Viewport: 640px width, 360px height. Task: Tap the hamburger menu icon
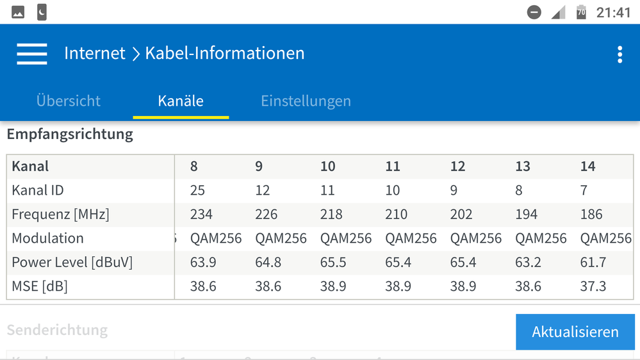[x=32, y=54]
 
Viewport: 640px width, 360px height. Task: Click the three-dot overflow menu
[x=619, y=54]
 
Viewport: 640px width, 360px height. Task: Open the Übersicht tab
[x=69, y=101]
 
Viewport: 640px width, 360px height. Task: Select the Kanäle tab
[x=181, y=101]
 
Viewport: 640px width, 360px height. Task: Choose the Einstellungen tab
[x=306, y=101]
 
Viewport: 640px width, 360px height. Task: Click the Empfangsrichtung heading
[x=70, y=135]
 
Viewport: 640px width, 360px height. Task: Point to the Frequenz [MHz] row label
[x=60, y=214]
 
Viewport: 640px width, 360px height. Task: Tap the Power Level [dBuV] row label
[x=72, y=262]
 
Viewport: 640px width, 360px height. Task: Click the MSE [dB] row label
[x=40, y=286]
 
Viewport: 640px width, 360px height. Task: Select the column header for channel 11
[x=393, y=167]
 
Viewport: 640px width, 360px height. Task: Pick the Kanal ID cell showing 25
[x=198, y=190]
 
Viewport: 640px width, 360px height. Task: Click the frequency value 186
[x=591, y=214]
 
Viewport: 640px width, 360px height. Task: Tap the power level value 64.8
[x=268, y=262]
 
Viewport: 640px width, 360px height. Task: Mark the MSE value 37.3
[x=593, y=286]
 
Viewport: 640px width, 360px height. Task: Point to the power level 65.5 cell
[x=333, y=262]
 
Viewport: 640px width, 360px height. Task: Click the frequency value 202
[x=461, y=214]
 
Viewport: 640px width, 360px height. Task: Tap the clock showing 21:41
[x=613, y=13]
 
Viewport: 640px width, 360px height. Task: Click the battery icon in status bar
[x=581, y=12]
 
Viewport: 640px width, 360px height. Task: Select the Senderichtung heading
[x=57, y=331]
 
